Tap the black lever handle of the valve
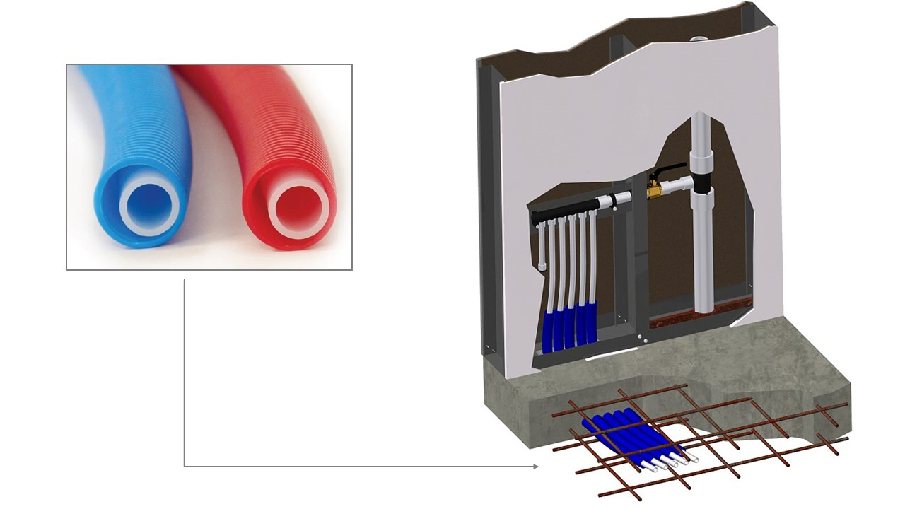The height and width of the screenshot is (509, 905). [x=669, y=170]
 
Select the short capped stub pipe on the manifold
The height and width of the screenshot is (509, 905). [x=542, y=247]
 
